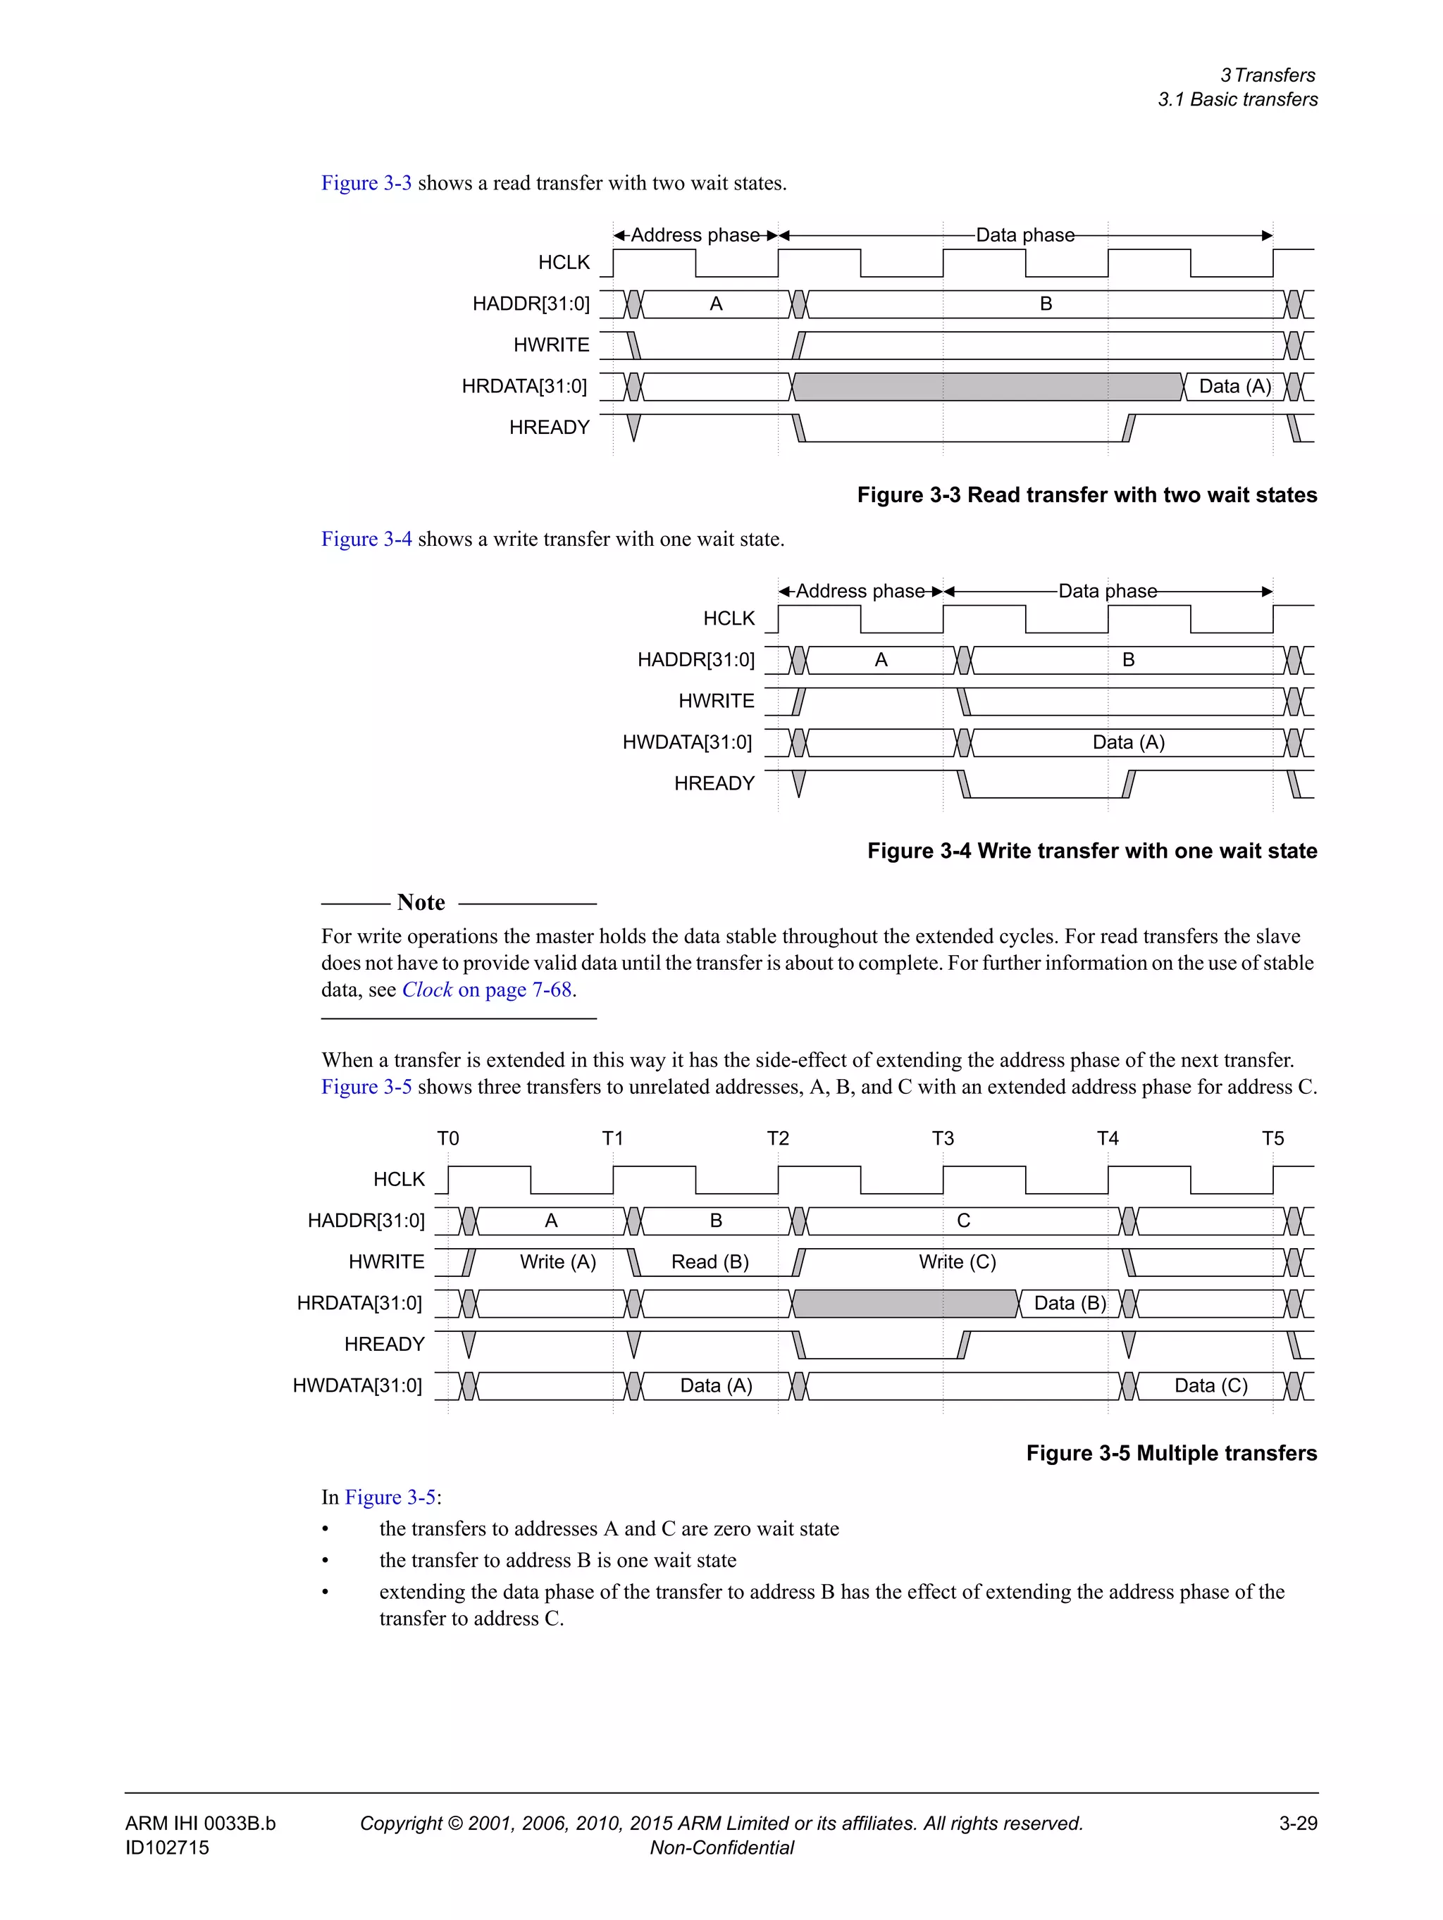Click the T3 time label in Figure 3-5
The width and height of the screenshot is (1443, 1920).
tap(942, 1138)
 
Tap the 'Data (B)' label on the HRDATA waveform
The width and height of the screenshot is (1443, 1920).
tap(1070, 1303)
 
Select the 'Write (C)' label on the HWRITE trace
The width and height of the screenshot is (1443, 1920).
tap(957, 1262)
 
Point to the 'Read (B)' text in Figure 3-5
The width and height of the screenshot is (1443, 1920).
tap(710, 1262)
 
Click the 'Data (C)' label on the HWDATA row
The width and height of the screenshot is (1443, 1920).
tap(1210, 1385)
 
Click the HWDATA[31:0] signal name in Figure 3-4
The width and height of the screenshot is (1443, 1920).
tap(687, 742)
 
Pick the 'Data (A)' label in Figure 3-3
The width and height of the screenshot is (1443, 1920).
tap(1234, 386)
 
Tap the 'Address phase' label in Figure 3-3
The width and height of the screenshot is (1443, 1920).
tap(695, 235)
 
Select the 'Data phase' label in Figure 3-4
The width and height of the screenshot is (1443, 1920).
tap(1107, 591)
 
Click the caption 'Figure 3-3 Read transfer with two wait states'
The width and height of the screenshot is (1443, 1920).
tap(1086, 494)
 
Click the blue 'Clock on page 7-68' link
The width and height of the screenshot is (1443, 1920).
tap(486, 990)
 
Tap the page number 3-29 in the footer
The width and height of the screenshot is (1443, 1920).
tap(1297, 1823)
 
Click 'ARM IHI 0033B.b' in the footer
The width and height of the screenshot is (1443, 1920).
tap(199, 1823)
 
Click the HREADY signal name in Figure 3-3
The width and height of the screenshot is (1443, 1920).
tap(549, 427)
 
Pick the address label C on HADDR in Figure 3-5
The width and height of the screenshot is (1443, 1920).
tap(963, 1221)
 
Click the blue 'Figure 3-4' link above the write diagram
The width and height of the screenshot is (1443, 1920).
tap(366, 539)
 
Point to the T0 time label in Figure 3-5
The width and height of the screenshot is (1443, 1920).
tap(447, 1138)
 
